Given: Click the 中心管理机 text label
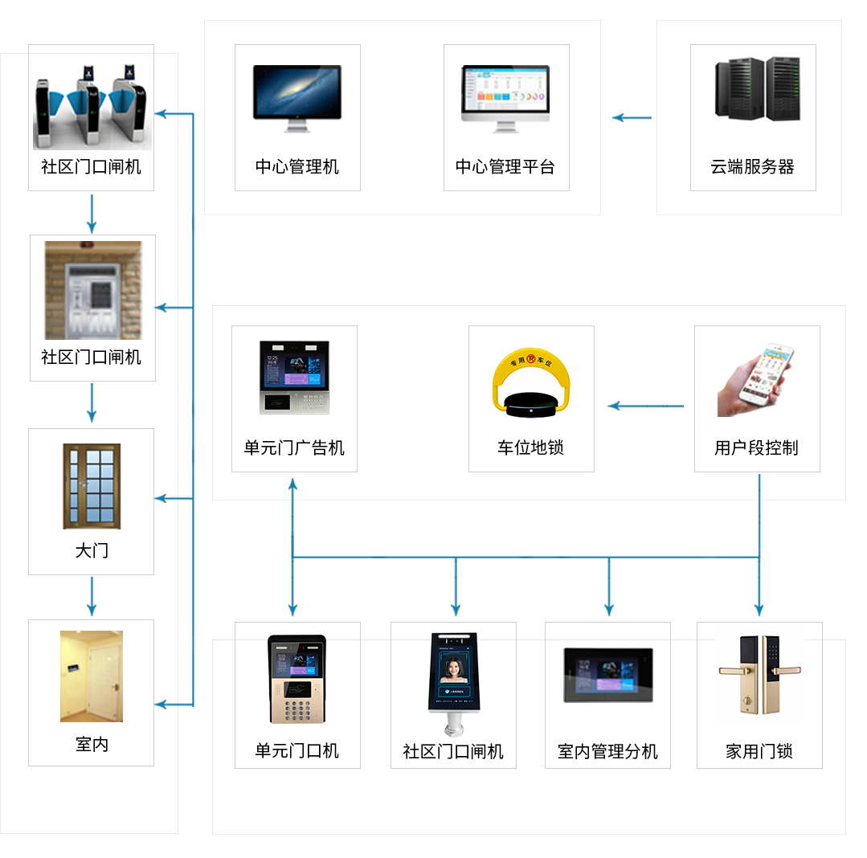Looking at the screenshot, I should (297, 167).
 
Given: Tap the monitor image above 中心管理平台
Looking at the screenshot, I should (505, 98).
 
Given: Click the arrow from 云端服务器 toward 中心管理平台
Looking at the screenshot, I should (632, 118).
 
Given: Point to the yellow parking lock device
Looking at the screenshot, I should (530, 384).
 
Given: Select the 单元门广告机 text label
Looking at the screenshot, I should (294, 448).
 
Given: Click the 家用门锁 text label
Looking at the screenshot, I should (759, 751).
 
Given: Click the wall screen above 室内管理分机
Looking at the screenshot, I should (607, 675).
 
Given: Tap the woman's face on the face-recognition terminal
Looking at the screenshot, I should (454, 669).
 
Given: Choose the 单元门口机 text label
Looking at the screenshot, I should (297, 751).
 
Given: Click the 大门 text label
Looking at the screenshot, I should (92, 551).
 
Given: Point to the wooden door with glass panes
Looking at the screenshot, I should (92, 486).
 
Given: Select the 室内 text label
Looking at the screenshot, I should (92, 745).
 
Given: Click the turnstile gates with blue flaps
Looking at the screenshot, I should (92, 112).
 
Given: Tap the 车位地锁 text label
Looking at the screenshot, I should (530, 448).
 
